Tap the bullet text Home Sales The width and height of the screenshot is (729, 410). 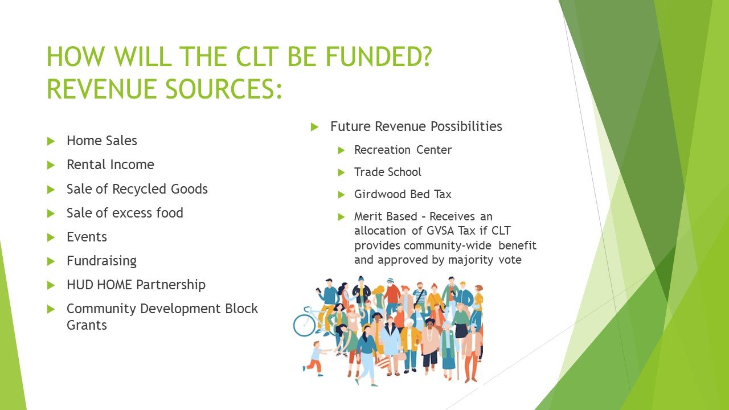(101, 141)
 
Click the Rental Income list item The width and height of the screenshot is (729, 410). (110, 165)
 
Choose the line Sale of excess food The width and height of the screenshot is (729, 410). (125, 213)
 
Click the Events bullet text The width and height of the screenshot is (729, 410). (87, 237)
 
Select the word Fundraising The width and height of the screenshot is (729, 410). (101, 261)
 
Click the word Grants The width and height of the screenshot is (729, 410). (87, 326)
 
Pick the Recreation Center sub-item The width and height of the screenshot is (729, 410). (403, 150)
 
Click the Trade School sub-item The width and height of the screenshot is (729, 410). (387, 172)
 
